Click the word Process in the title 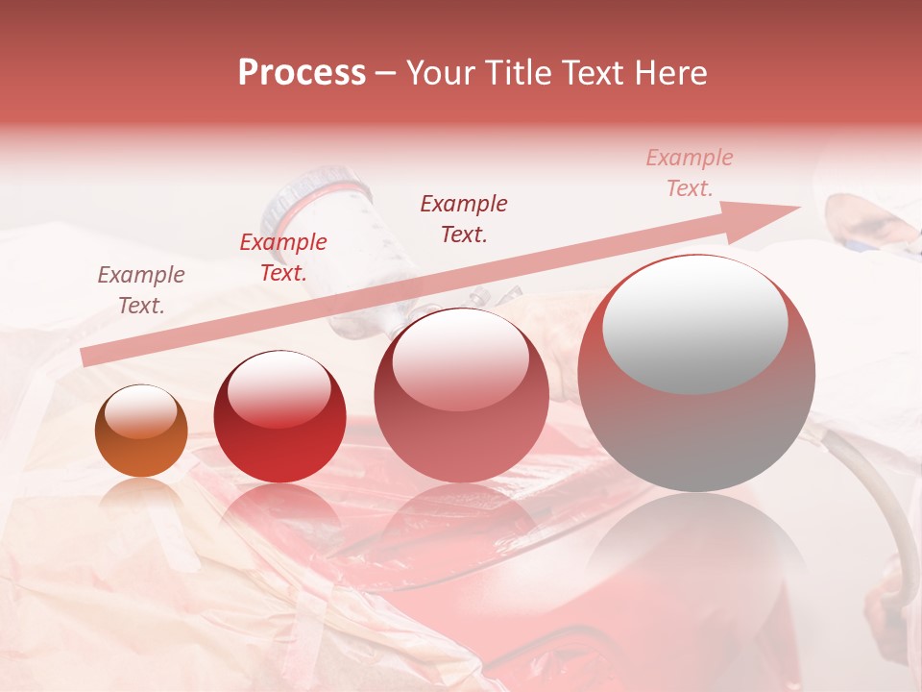(x=302, y=73)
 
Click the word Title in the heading (x=520, y=73)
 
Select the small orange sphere (x=141, y=431)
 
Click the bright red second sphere (x=279, y=416)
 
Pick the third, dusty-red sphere (x=461, y=395)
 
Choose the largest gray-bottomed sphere (x=696, y=373)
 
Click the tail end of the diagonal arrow (x=88, y=358)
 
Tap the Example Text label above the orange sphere (x=141, y=290)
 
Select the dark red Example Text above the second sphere (x=283, y=258)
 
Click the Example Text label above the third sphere (x=464, y=219)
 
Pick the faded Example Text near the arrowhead (x=689, y=173)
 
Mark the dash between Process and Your (x=386, y=73)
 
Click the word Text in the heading (x=594, y=73)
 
